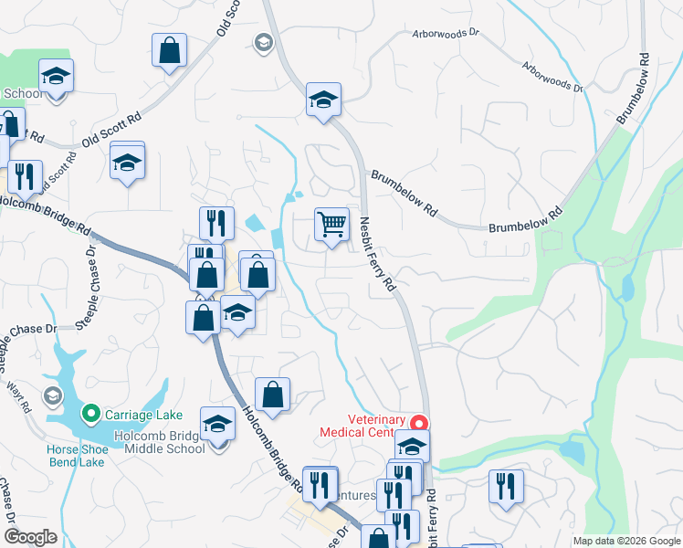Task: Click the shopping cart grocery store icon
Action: (x=331, y=224)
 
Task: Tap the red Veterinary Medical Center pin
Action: (x=419, y=423)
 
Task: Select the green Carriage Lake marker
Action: (x=90, y=414)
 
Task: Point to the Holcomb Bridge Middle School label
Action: (x=160, y=443)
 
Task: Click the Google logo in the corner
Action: (x=30, y=537)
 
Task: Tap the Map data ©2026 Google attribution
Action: (x=626, y=541)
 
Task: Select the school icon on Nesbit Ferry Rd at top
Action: (x=323, y=99)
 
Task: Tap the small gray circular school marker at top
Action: (x=263, y=41)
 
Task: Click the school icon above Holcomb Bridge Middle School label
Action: (x=217, y=424)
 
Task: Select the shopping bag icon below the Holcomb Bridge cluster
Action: (x=272, y=395)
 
